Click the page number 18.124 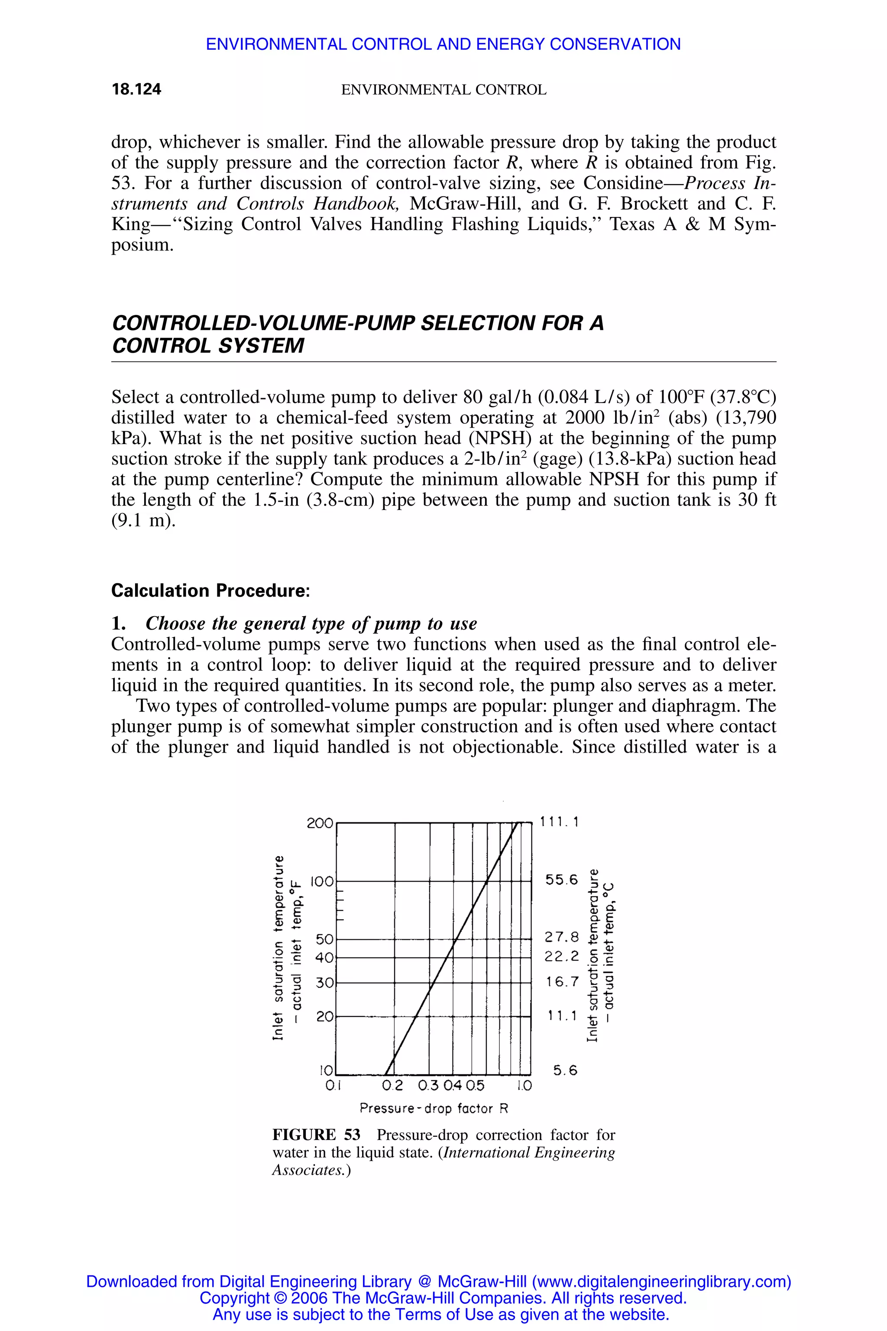point(136,89)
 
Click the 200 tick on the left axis point(320,823)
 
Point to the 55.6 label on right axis point(562,880)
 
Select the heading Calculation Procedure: point(210,591)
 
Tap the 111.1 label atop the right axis point(560,821)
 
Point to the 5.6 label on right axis point(565,1071)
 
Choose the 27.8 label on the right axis point(562,937)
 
